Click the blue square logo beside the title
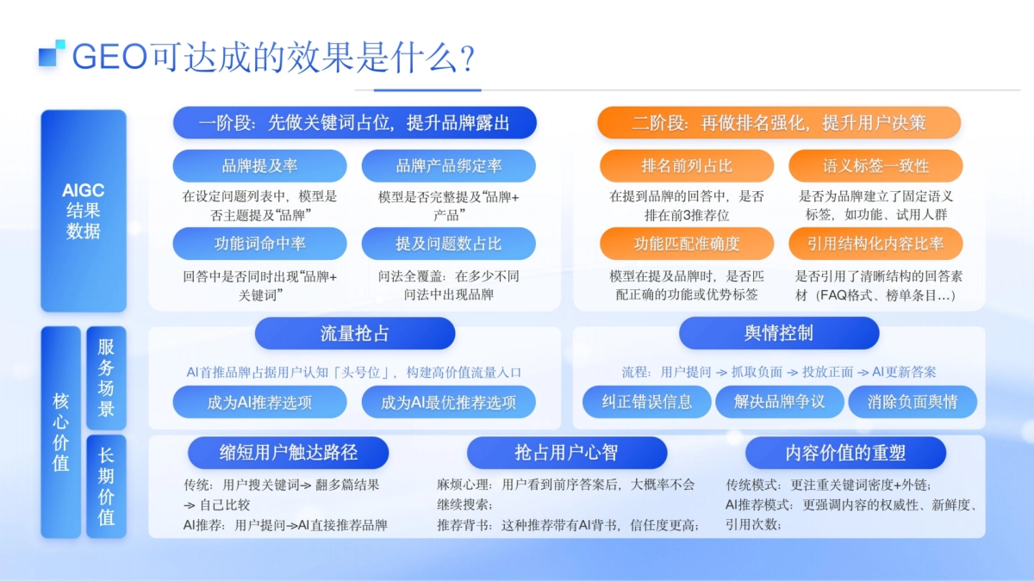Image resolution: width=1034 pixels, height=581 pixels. [52, 53]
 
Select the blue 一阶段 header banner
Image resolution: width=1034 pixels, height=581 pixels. [354, 123]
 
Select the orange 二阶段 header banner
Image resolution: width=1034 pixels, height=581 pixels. [779, 123]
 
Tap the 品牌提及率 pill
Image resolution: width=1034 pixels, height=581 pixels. [259, 166]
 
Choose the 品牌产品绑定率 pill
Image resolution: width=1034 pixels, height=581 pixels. [448, 166]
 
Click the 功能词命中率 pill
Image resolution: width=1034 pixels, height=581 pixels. [259, 244]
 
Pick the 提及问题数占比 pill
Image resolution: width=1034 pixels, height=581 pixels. [448, 244]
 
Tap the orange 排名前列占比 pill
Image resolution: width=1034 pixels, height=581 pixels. [686, 166]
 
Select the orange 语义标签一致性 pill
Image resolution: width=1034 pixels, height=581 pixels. [875, 166]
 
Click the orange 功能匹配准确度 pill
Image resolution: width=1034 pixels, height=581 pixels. [686, 244]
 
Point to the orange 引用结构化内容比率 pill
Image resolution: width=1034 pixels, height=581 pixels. [875, 244]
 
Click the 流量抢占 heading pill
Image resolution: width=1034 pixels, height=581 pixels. [354, 333]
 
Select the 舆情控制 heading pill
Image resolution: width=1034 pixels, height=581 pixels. [779, 333]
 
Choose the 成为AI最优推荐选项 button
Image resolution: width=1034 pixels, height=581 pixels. [448, 402]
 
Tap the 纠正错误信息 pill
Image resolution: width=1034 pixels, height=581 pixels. [646, 402]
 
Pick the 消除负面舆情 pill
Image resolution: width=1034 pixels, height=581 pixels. [913, 402]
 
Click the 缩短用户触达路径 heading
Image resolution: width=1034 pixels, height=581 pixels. [289, 453]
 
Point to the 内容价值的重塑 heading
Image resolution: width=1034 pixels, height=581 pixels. [845, 453]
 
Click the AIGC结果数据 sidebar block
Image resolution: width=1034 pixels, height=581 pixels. [84, 211]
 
